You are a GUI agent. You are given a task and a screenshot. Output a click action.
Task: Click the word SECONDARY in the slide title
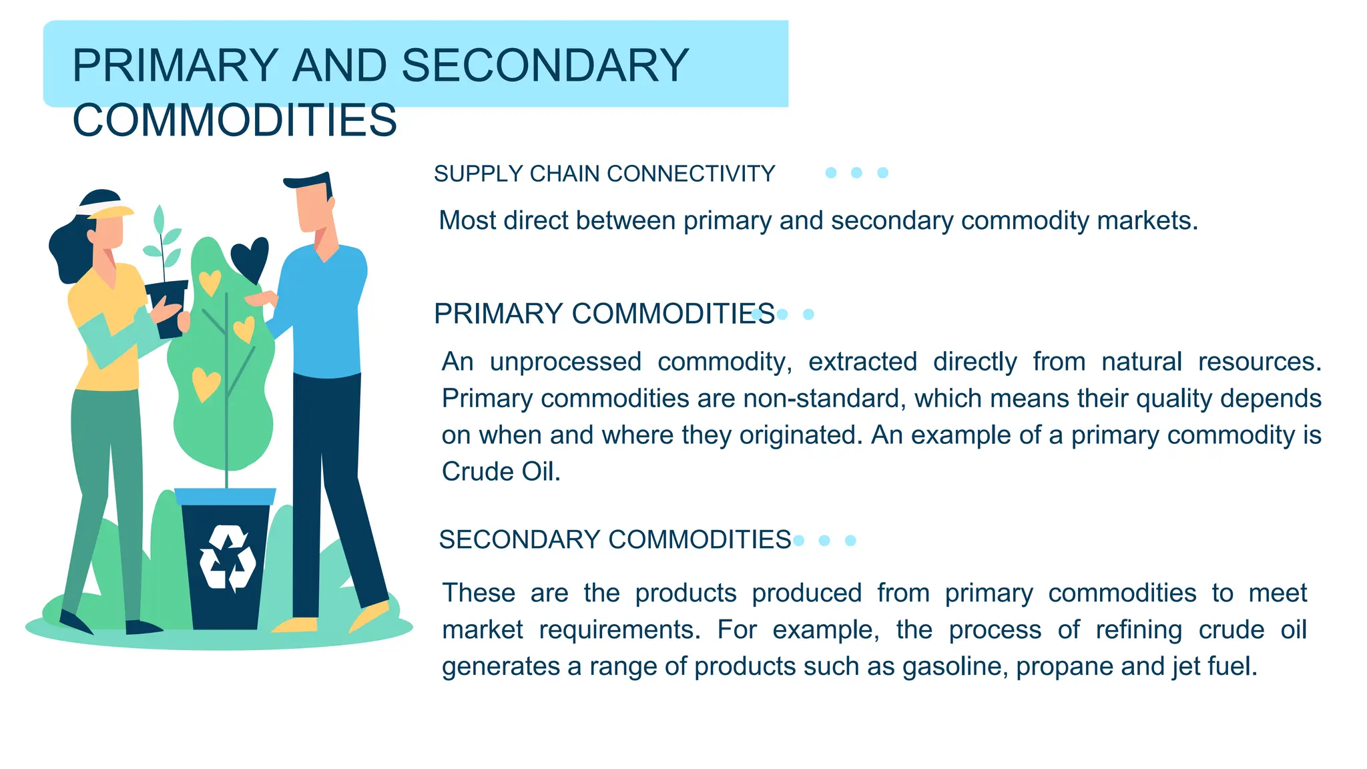point(545,65)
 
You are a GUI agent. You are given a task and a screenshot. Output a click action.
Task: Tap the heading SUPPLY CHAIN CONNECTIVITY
point(604,174)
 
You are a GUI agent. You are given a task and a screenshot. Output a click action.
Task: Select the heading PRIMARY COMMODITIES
point(604,314)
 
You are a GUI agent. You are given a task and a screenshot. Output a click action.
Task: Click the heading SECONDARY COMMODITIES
point(615,539)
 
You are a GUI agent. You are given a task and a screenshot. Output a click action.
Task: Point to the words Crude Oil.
point(500,471)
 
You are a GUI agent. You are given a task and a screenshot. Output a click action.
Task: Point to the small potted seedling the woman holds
point(164,280)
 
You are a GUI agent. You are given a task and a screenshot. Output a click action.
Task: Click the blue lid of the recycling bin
point(226,497)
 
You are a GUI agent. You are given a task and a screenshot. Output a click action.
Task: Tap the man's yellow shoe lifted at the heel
point(370,615)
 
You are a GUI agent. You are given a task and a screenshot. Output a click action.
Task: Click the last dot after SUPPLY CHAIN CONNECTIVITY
point(882,173)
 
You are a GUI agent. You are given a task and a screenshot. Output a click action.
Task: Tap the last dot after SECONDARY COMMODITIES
point(850,540)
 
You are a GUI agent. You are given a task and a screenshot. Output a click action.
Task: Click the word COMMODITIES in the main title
point(234,121)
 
